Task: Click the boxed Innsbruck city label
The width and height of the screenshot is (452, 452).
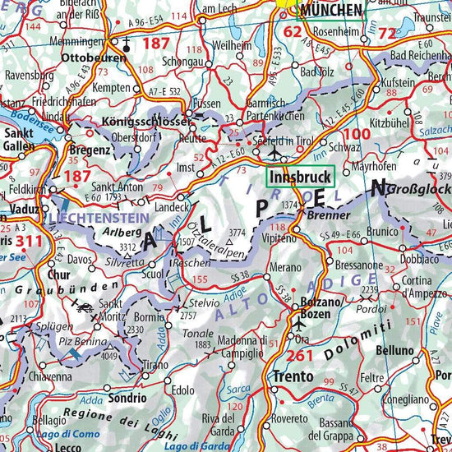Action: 299,177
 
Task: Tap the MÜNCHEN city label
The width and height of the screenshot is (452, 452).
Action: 332,10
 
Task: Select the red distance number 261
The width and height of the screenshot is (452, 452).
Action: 302,355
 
